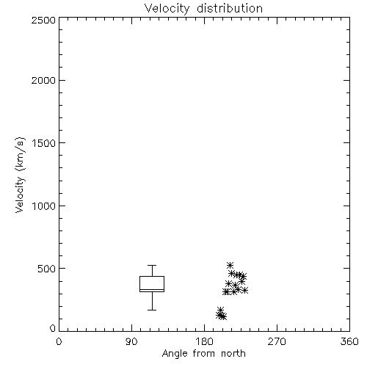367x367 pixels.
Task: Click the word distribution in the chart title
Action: pyautogui.click(x=230, y=8)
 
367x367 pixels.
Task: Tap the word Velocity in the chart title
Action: pyautogui.click(x=167, y=9)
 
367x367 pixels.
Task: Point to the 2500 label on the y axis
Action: pyautogui.click(x=43, y=20)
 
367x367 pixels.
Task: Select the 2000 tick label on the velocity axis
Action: pyautogui.click(x=43, y=80)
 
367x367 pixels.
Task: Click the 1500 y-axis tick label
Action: pyautogui.click(x=44, y=143)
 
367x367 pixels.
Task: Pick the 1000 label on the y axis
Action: pyautogui.click(x=44, y=206)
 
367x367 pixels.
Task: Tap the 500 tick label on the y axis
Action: pyautogui.click(x=47, y=269)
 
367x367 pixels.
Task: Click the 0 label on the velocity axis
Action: pyautogui.click(x=53, y=328)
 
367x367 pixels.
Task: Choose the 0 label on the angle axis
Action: pyautogui.click(x=59, y=341)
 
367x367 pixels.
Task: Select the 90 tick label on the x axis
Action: pyautogui.click(x=131, y=341)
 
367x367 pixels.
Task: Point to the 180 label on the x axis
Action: pyautogui.click(x=204, y=341)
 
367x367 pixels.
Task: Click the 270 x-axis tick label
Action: pyautogui.click(x=277, y=341)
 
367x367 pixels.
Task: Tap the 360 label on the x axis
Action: pyautogui.click(x=349, y=341)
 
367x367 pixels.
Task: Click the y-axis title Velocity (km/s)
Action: pyautogui.click(x=20, y=175)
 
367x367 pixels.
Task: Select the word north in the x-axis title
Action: pyautogui.click(x=233, y=354)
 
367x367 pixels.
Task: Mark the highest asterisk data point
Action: pyautogui.click(x=230, y=265)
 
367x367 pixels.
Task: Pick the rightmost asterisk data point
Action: pyautogui.click(x=244, y=290)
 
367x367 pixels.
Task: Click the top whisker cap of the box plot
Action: pyautogui.click(x=152, y=265)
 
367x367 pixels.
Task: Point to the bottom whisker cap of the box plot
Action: pyautogui.click(x=152, y=310)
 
